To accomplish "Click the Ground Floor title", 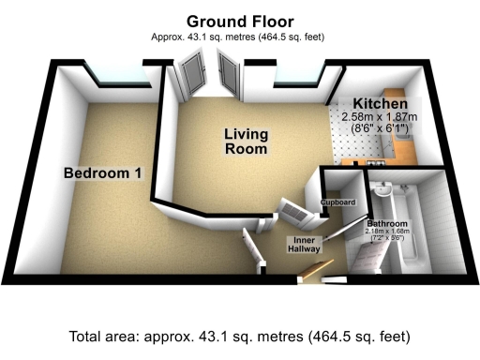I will point(239,21).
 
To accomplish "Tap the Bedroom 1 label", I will point(102,173).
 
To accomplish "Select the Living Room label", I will point(246,141).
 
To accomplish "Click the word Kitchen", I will point(381,103).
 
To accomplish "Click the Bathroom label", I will point(387,225).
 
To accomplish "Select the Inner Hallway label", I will point(303,245).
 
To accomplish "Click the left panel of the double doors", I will point(194,75).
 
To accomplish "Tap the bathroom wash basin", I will point(383,192).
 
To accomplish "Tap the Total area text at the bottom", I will point(239,337).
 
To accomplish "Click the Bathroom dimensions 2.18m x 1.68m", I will point(387,234).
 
